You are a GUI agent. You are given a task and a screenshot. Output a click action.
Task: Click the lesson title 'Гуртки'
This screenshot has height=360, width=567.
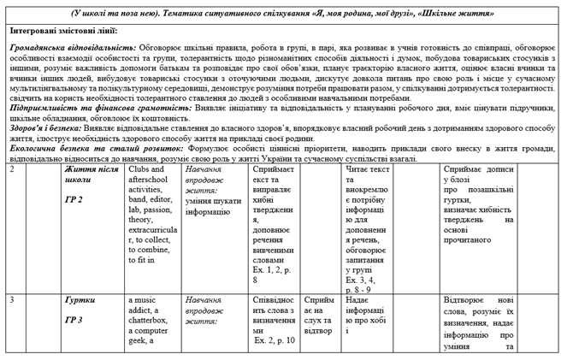[x=80, y=301]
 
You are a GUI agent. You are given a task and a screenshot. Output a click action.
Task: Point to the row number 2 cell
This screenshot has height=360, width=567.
[x=11, y=169]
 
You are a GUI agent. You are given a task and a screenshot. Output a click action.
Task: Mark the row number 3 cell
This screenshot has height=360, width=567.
[x=11, y=301]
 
